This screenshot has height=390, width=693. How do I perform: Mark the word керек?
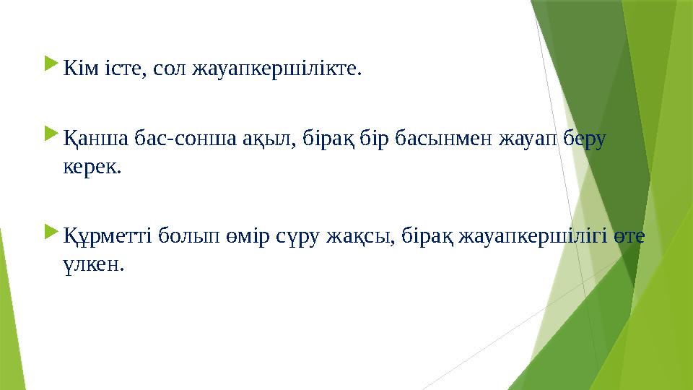91,168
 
